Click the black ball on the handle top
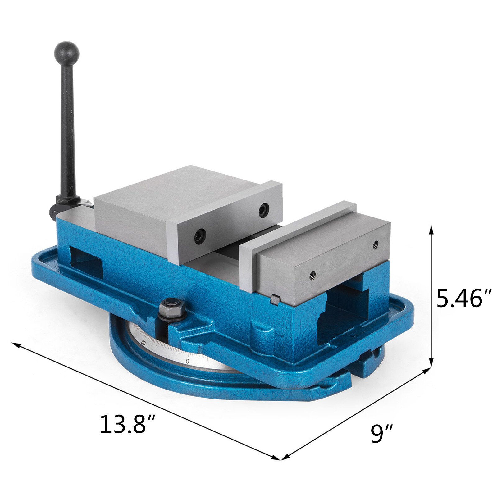tap(67, 53)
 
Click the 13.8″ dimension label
tap(127, 424)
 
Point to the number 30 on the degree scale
tap(143, 343)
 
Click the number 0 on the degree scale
tap(187, 361)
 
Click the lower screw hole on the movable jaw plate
tap(200, 236)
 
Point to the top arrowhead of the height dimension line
tap(431, 230)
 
